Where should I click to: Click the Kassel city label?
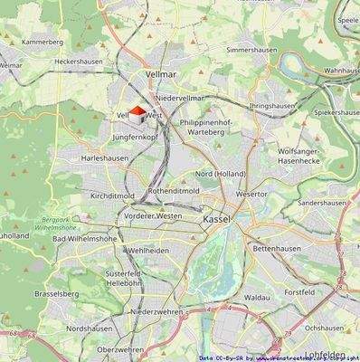(x=218, y=220)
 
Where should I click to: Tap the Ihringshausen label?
(x=274, y=106)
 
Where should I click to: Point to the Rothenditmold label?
(x=175, y=192)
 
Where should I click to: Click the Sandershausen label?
(x=322, y=205)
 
